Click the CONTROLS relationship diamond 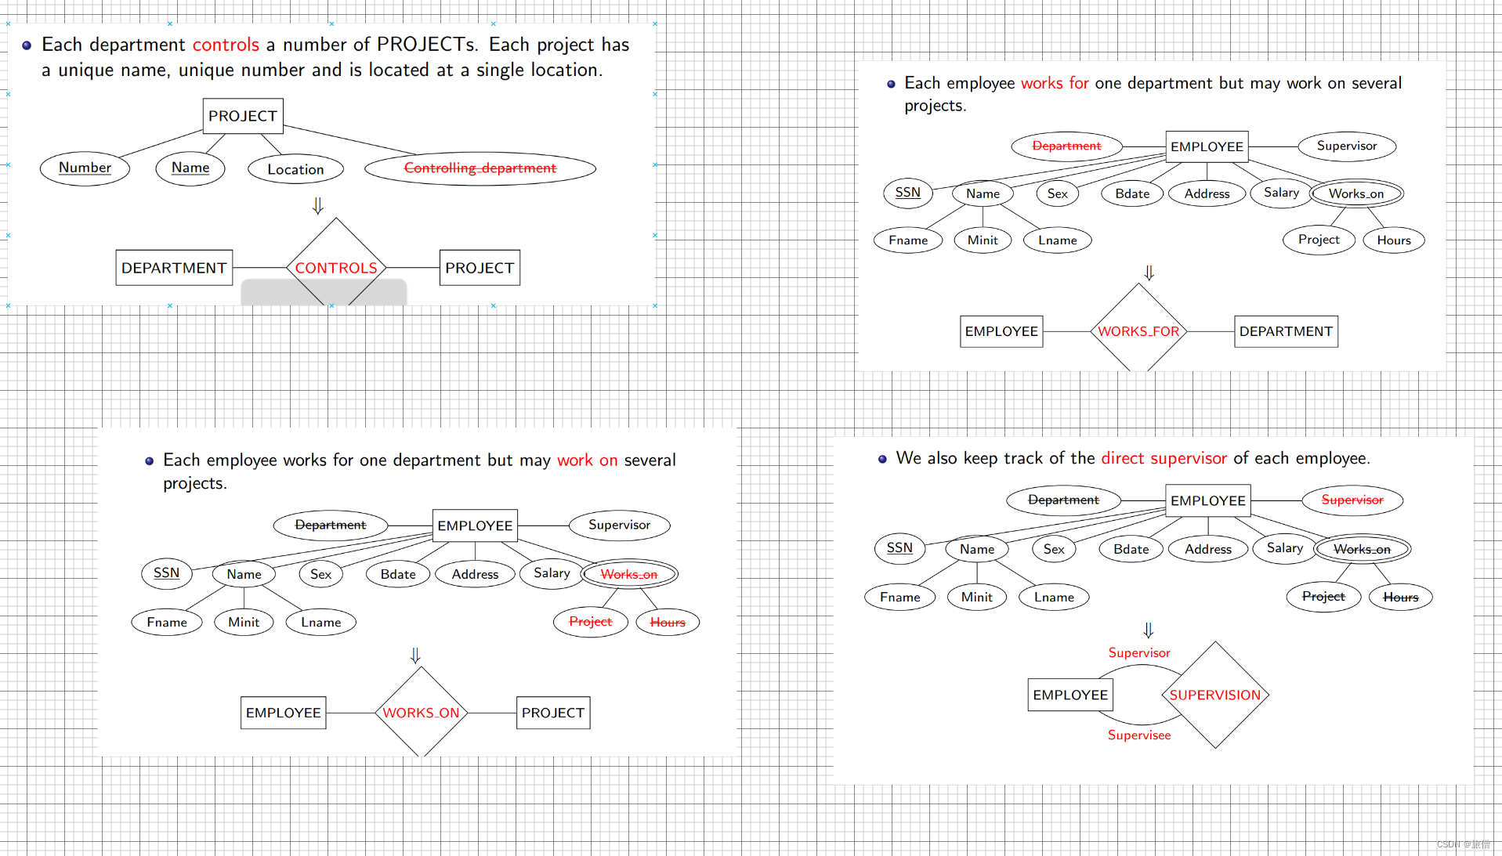336,267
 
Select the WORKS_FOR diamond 1138,330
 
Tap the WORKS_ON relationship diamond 421,712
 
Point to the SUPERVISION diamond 1215,695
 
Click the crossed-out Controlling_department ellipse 480,168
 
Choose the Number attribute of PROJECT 85,168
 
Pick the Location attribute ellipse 295,169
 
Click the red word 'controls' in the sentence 226,45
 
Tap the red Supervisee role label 1139,735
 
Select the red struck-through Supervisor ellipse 1352,500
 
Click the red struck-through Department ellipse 1066,146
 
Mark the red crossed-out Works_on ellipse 629,574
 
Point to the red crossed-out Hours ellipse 668,622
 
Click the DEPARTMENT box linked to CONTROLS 174,268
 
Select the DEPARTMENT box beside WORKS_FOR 1286,331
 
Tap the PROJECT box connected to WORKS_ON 553,713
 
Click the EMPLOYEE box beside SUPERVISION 1070,695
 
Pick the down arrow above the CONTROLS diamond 317,205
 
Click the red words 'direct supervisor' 1164,458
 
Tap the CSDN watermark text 1463,844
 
